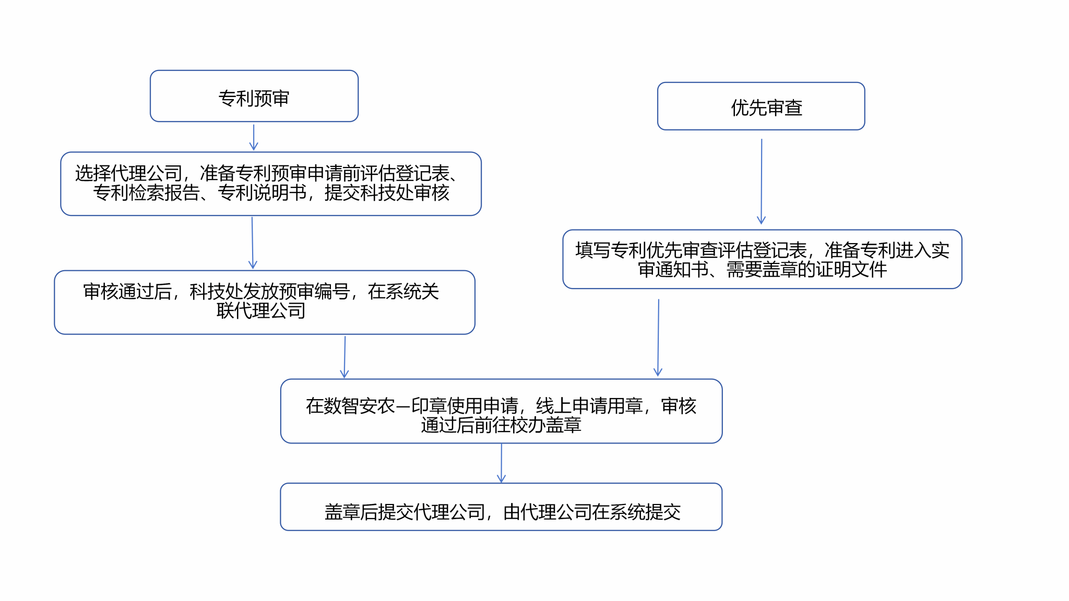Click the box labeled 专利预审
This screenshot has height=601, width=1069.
coord(254,96)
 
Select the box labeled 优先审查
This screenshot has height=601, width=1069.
coord(761,106)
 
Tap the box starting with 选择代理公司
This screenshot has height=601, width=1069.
coord(271,184)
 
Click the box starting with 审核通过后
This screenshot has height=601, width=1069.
coord(265,302)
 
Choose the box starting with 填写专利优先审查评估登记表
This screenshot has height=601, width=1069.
coord(762,259)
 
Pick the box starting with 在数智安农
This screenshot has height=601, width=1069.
coord(502,411)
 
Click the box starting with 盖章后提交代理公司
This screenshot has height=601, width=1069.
coord(501,507)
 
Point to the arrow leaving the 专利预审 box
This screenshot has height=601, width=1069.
coord(254,137)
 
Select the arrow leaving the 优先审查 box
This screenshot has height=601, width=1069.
coord(762,182)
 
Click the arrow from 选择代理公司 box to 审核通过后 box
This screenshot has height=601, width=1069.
coord(253,243)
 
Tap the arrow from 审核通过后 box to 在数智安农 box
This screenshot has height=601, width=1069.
coord(345,357)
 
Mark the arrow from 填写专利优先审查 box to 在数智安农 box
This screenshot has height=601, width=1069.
coord(658,338)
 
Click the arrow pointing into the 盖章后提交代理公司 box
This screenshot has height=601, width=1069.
coord(502,463)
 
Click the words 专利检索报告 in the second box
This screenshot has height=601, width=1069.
coord(146,193)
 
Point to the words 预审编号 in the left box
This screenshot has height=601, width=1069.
coord(314,292)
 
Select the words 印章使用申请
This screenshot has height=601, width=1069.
coord(465,406)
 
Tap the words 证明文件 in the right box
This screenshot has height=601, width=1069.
coord(851,270)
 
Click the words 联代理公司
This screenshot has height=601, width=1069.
coord(261,311)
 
